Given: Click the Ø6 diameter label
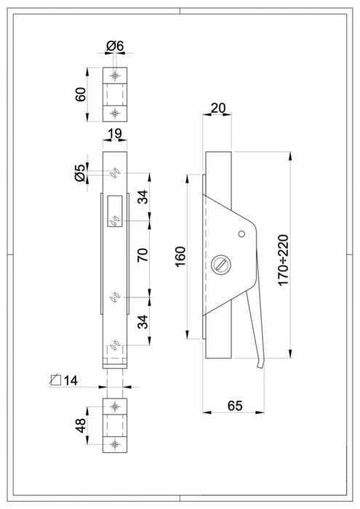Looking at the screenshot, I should coord(115,46).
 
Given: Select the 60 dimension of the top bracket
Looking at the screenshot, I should coord(81,94).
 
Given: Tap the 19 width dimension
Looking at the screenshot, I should coord(114,133).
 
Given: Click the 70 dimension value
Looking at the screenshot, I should coord(143,254).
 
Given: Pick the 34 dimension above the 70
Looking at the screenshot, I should coord(143,196).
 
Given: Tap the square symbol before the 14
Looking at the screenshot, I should coord(55,380).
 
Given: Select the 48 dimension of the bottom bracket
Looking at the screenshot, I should coord(81,424).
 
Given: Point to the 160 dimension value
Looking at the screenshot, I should coord(180,257).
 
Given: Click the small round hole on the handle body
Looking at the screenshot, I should coord(241,233).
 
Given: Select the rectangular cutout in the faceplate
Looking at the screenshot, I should coord(114,212).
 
